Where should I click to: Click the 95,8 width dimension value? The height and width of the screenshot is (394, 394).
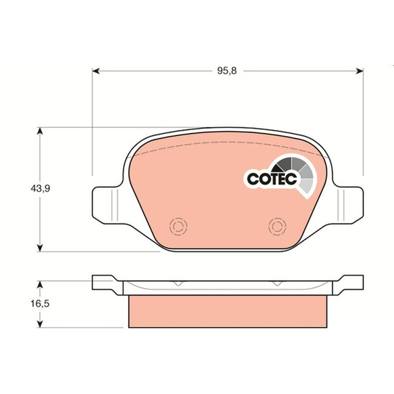pyautogui.click(x=227, y=71)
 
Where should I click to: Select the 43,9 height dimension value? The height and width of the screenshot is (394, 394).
pyautogui.click(x=40, y=188)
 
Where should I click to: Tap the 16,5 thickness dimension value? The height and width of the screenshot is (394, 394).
pyautogui.click(x=40, y=304)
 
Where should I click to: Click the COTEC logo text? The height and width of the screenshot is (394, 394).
pyautogui.click(x=272, y=179)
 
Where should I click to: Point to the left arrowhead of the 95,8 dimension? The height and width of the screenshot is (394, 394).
pyautogui.click(x=96, y=71)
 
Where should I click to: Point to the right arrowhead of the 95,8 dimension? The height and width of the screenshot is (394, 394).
pyautogui.click(x=360, y=71)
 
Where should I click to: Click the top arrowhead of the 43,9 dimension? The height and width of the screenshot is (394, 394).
pyautogui.click(x=40, y=131)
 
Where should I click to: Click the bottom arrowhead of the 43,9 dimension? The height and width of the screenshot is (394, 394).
pyautogui.click(x=40, y=247)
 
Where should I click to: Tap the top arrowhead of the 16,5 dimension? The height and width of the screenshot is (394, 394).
pyautogui.click(x=40, y=284)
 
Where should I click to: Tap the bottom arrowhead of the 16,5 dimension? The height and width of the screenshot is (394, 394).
pyautogui.click(x=40, y=324)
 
